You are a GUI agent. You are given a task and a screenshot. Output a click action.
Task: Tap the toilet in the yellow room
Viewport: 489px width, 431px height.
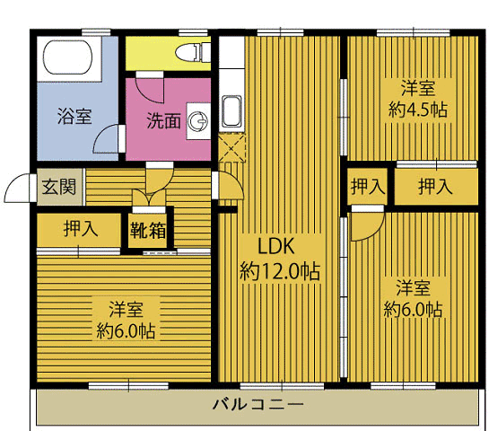[193, 52]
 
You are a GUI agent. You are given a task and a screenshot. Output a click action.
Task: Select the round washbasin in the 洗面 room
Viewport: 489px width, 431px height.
[198, 120]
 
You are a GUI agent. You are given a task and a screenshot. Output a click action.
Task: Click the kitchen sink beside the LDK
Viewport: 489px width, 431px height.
[231, 111]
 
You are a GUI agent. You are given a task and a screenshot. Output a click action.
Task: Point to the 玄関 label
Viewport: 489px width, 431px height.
[59, 187]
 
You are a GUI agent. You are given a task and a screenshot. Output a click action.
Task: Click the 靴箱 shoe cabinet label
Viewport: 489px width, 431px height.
[148, 231]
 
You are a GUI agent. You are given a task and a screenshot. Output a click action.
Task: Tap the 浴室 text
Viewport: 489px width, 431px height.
[74, 116]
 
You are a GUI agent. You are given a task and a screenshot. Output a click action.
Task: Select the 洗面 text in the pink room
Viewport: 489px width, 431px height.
[163, 120]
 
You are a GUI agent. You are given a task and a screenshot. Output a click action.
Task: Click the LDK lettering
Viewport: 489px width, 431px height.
[276, 246]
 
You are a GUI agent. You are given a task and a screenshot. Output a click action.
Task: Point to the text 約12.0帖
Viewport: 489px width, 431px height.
[280, 270]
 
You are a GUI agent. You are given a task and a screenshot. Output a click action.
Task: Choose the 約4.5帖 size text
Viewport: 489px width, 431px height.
[418, 110]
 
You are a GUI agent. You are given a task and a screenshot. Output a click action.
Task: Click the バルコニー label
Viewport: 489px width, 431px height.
[258, 405]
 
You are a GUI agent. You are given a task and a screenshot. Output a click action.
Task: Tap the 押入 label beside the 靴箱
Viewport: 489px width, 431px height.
[81, 228]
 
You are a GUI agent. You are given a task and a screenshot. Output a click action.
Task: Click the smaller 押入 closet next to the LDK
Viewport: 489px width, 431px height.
[368, 187]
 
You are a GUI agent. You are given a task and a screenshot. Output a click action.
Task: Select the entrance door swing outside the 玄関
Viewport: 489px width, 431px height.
[17, 188]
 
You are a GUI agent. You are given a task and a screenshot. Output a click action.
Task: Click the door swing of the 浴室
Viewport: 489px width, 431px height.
[107, 138]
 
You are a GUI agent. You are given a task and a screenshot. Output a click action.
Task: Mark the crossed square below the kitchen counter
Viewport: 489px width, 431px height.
[231, 147]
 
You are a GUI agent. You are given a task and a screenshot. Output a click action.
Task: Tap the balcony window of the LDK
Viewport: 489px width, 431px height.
[282, 386]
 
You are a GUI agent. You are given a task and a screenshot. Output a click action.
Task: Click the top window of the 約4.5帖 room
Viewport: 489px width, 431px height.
[414, 32]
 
